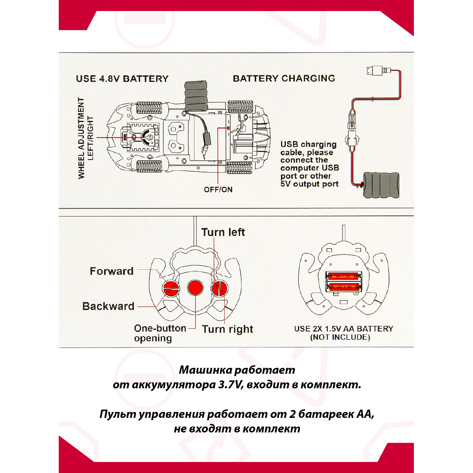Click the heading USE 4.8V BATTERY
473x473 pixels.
click(122, 79)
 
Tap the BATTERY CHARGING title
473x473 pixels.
click(284, 78)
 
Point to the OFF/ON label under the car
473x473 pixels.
click(218, 189)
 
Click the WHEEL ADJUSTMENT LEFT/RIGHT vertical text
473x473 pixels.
click(86, 138)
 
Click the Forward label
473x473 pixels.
click(112, 271)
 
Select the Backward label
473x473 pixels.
click(108, 306)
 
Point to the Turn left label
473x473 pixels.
click(223, 232)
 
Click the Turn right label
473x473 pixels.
click(227, 329)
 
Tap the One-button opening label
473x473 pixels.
click(160, 333)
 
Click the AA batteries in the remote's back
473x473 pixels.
click(344, 282)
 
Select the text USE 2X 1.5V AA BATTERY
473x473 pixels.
click(343, 329)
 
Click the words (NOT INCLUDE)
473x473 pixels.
click(340, 338)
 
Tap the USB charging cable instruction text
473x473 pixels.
click(309, 164)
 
